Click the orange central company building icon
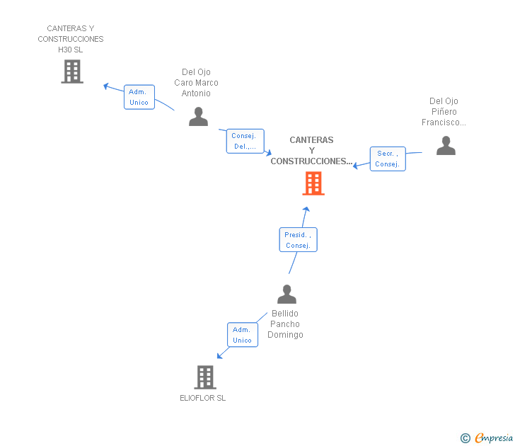pos(313,183)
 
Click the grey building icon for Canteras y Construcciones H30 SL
pos(72,72)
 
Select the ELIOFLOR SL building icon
pos(205,377)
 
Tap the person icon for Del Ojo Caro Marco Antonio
pos(198,117)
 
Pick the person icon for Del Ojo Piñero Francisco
pos(446,146)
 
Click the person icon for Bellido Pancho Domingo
pos(287,294)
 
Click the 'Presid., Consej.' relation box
pos(298,240)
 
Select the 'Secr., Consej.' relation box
pos(388,159)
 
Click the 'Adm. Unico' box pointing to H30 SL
pos(139,97)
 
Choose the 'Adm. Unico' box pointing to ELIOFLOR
pos(242,335)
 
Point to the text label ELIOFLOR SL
pos(202,398)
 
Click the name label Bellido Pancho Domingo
pos(285,324)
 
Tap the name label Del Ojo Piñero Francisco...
pos(444,112)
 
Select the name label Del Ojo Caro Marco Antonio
pos(196,83)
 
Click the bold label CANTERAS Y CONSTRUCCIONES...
pos(311,151)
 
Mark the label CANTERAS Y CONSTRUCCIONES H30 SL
pos(71,39)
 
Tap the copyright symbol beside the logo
pos(465,438)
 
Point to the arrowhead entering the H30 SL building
pos(105,86)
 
